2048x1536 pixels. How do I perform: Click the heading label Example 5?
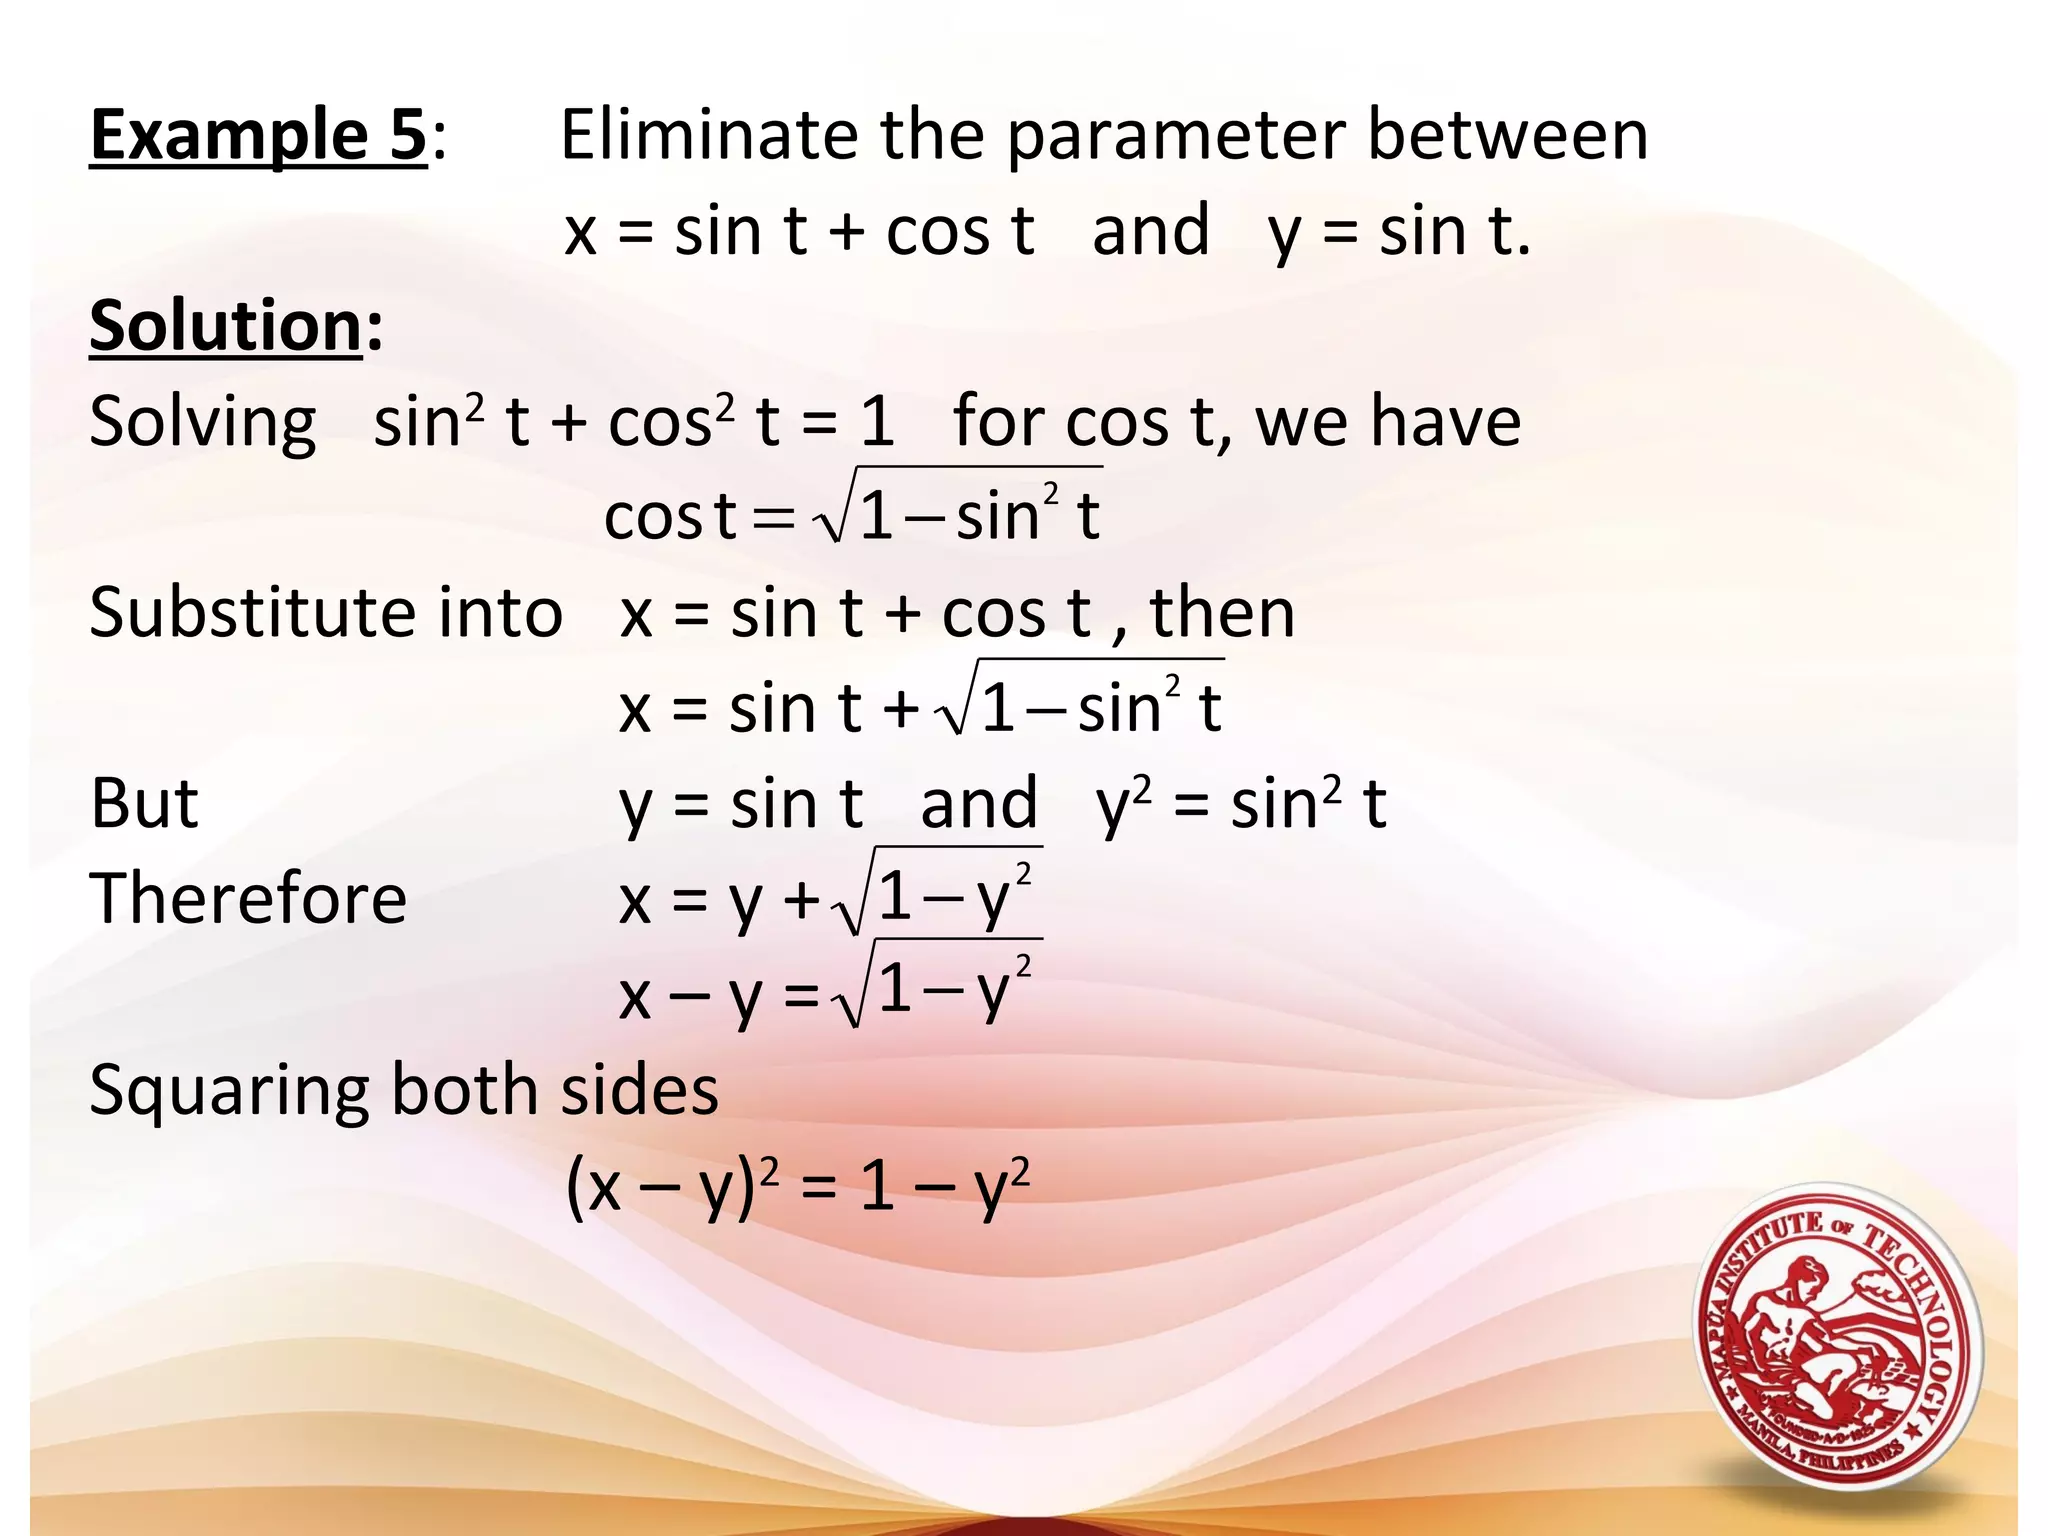pyautogui.click(x=258, y=135)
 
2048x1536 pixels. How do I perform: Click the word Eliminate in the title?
pyautogui.click(x=708, y=135)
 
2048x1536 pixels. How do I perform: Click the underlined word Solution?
pyautogui.click(x=226, y=326)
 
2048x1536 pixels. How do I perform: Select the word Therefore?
pyautogui.click(x=248, y=898)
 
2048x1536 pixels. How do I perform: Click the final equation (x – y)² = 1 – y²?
pyautogui.click(x=797, y=1187)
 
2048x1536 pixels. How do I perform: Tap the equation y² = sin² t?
pyautogui.click(x=1241, y=805)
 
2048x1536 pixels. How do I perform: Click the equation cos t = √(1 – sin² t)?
pyautogui.click(x=852, y=514)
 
